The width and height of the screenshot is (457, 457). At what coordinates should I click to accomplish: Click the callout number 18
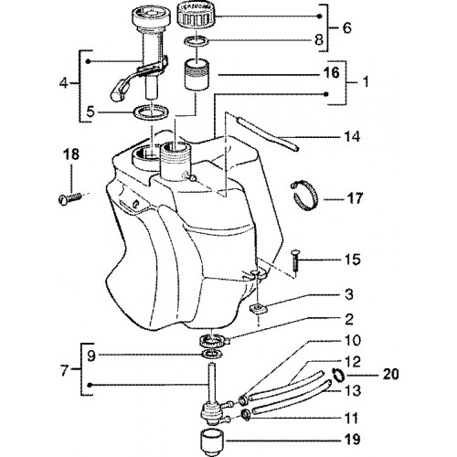pyautogui.click(x=71, y=154)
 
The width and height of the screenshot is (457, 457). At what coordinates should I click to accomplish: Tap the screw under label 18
pyautogui.click(x=69, y=198)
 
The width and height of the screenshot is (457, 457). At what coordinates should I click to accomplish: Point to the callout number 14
pyautogui.click(x=352, y=137)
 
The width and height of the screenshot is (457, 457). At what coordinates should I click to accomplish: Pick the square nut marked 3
pyautogui.click(x=259, y=309)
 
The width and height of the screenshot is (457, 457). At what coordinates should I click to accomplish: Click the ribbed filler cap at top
pyautogui.click(x=197, y=16)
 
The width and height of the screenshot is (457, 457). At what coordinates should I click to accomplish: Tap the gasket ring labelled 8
pyautogui.click(x=197, y=41)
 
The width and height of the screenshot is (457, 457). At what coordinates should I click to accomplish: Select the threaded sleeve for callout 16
pyautogui.click(x=197, y=75)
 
